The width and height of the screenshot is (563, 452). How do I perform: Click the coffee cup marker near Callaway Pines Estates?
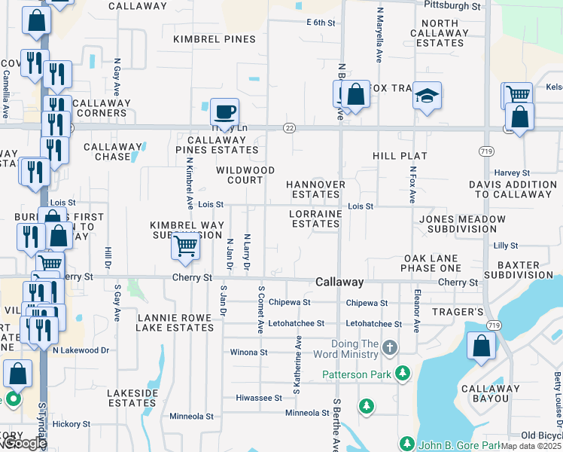[x=224, y=113]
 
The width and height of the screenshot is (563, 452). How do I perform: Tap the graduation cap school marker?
[x=427, y=96]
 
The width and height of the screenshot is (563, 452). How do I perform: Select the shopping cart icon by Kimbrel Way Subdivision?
[x=185, y=246]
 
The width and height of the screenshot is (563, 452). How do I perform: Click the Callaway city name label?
[x=339, y=282]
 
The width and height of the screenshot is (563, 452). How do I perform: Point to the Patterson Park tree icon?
[x=403, y=373]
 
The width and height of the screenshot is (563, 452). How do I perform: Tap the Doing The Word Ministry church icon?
[x=389, y=347]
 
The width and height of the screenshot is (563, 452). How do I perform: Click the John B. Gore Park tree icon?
[x=406, y=444]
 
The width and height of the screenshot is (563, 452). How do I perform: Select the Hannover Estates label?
[x=315, y=189]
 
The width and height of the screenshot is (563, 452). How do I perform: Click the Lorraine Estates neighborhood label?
[x=315, y=218]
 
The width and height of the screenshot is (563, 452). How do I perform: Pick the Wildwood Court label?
[x=245, y=175]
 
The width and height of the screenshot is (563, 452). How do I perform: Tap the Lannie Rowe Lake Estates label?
[x=175, y=322]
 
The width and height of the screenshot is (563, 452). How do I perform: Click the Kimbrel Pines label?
[x=214, y=38]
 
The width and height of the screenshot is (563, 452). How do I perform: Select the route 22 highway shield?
[x=289, y=128]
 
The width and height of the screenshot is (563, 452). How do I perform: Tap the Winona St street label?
[x=248, y=352]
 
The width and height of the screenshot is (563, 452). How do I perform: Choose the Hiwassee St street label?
[x=258, y=397]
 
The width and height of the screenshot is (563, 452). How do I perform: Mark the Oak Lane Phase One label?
[x=431, y=263]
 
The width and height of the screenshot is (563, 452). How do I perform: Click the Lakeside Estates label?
[x=132, y=398]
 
